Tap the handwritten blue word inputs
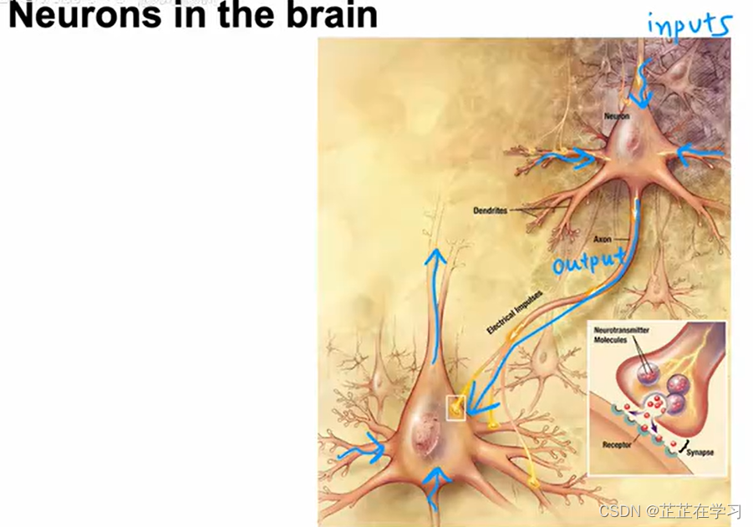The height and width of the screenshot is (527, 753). (x=689, y=24)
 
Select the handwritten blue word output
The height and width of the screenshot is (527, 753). (x=589, y=261)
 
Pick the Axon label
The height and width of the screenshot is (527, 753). (x=603, y=239)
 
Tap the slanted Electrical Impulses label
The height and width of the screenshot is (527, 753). (x=515, y=312)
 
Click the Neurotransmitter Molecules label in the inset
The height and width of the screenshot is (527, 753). (x=617, y=337)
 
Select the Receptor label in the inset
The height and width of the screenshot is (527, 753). (x=618, y=445)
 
